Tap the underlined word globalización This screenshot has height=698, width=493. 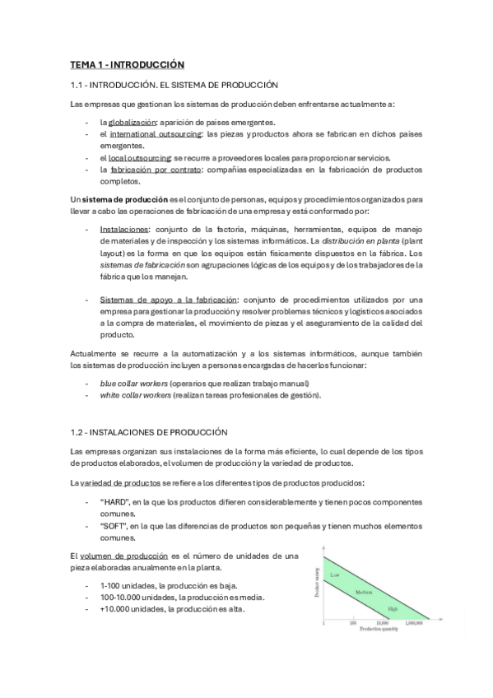(132, 121)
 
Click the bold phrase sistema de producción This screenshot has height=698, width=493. (117, 199)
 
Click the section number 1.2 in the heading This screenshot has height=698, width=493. (79, 432)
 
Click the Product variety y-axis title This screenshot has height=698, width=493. (317, 581)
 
